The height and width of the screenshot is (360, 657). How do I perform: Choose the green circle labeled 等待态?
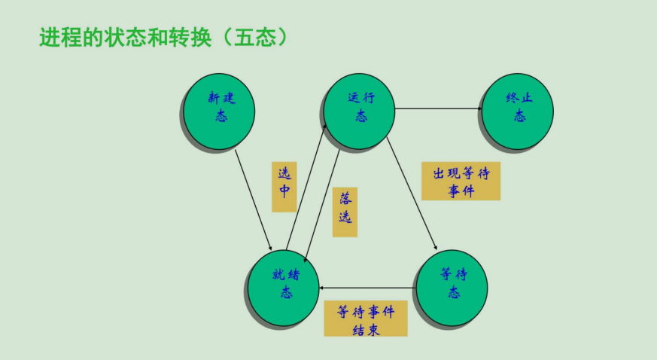tap(452, 287)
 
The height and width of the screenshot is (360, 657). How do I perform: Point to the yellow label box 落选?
tap(345, 212)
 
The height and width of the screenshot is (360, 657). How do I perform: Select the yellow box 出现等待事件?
tap(461, 182)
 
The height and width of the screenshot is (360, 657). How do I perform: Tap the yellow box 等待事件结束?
tap(365, 319)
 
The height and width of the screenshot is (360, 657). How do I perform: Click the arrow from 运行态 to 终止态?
tap(439, 108)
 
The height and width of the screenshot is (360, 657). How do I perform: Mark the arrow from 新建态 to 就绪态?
tap(253, 198)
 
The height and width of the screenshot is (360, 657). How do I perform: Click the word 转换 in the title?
tap(196, 38)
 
